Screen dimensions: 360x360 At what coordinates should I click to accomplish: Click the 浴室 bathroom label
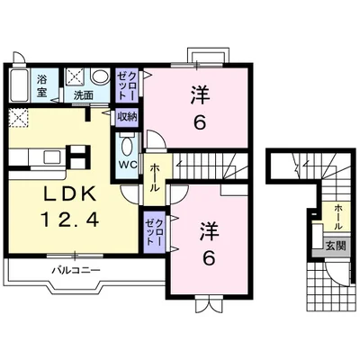42,86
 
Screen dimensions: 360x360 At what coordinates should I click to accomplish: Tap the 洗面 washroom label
84,95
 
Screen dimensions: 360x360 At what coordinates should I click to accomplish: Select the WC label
129,165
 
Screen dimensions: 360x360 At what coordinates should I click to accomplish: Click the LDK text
70,194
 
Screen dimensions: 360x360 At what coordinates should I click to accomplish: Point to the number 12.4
69,219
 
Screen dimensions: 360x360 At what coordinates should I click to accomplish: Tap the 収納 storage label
127,116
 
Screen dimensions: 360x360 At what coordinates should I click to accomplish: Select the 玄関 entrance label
336,246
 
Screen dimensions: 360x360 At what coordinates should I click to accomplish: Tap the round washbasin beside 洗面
100,76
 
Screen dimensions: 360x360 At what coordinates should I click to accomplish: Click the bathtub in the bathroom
19,85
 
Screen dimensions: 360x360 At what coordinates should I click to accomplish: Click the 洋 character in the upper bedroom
200,94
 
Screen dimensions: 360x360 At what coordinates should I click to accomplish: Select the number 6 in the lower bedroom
209,258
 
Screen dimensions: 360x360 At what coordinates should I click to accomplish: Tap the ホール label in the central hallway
155,178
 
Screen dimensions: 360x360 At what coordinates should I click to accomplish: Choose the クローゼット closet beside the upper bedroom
127,85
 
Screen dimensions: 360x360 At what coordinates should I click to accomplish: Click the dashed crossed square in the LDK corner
18,118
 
